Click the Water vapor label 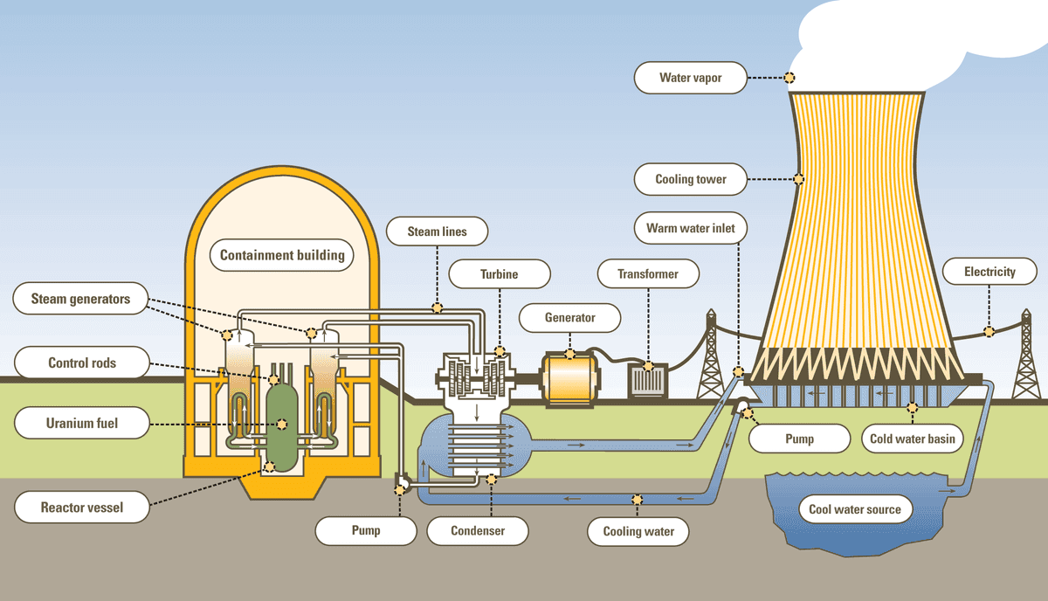[690, 78]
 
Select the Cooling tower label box [690, 180]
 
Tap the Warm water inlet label [690, 229]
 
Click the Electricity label [989, 272]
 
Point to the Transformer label [647, 273]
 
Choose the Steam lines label [437, 231]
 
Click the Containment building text [281, 256]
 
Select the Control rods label [81, 363]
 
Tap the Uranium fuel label [81, 425]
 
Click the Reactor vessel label [81, 507]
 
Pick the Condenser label [477, 530]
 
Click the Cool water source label [854, 509]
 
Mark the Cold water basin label [912, 439]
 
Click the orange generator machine [569, 380]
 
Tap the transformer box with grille [648, 381]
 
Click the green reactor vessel [281, 419]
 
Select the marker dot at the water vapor [789, 77]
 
